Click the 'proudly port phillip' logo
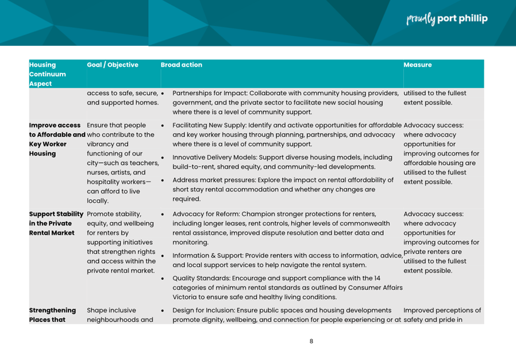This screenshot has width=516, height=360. [447, 19]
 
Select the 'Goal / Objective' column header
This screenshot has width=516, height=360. [113, 65]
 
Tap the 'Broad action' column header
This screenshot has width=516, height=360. [182, 65]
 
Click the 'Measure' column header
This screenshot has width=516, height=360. [418, 65]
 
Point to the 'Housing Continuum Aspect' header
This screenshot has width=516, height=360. [48, 74]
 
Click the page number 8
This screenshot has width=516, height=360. [311, 341]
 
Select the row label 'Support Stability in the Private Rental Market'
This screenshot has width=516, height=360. [55, 223]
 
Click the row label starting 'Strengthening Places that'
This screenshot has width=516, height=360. [52, 315]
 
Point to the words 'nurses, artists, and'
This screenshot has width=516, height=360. [116, 173]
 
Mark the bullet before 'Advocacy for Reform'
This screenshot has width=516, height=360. [164, 215]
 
